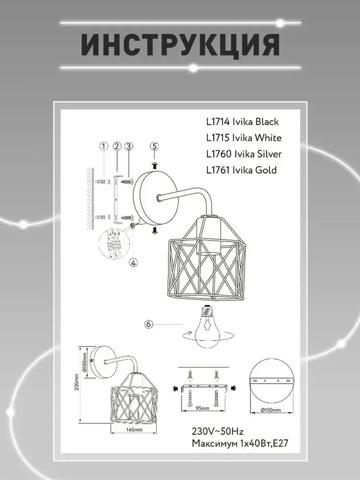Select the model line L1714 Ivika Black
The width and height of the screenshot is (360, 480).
tap(242, 122)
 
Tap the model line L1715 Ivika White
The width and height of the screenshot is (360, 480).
tap(244, 138)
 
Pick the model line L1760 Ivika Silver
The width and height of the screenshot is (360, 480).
tap(244, 154)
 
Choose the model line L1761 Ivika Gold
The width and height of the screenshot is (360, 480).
tap(241, 170)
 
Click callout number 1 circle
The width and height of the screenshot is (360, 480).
tap(104, 146)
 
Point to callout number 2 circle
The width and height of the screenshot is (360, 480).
tap(116, 146)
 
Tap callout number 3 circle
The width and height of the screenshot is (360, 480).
tap(129, 146)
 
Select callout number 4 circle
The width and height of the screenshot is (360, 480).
tap(133, 263)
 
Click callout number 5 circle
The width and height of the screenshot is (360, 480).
tap(154, 146)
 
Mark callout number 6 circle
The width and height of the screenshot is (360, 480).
tap(149, 324)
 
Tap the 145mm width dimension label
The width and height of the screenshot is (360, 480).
tap(135, 430)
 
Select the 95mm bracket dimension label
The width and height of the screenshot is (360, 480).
tap(202, 408)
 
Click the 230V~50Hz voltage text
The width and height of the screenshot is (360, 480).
tap(217, 431)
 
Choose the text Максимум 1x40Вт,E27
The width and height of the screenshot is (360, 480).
tap(240, 443)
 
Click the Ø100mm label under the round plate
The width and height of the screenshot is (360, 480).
tap(271, 410)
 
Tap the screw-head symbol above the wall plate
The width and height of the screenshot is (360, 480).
tap(154, 165)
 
